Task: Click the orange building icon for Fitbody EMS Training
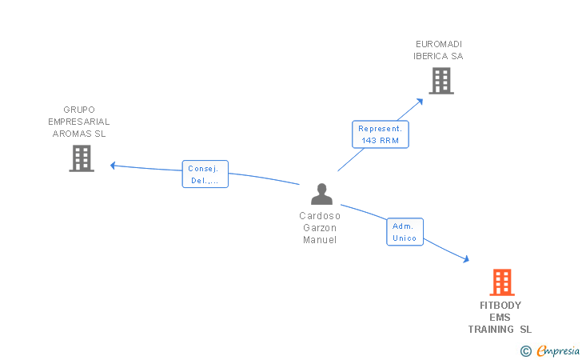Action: [x=501, y=282]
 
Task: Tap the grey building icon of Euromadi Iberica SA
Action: [x=440, y=81]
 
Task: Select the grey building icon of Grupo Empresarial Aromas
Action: [x=82, y=158]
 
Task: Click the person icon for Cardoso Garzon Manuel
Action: [x=321, y=194]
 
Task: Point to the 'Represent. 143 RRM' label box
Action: [x=381, y=134]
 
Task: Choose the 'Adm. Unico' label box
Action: [x=405, y=232]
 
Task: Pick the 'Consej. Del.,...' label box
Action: [x=205, y=174]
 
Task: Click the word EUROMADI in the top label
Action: [x=439, y=44]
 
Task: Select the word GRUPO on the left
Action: [x=79, y=110]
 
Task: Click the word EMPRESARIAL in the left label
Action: [x=79, y=122]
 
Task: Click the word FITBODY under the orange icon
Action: [x=500, y=306]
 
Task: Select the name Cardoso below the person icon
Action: [x=320, y=216]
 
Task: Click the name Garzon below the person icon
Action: [x=320, y=228]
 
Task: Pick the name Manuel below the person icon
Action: [x=320, y=240]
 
